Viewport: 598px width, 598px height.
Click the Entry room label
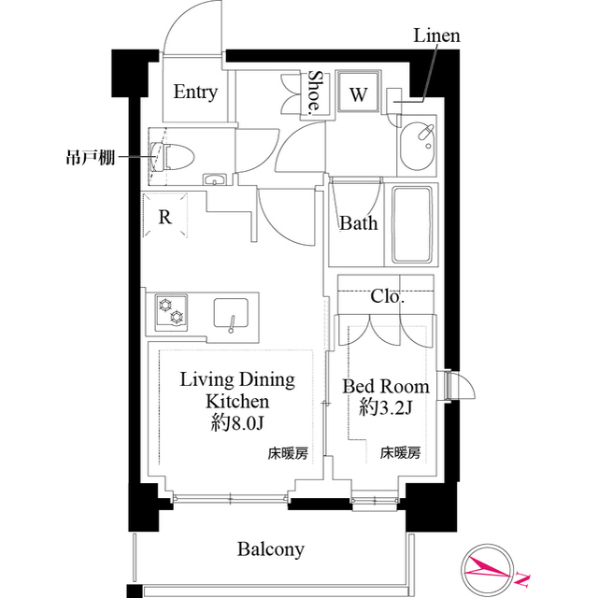click(x=195, y=92)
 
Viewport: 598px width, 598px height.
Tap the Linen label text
click(x=436, y=36)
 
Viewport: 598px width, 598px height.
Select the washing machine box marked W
click(x=358, y=93)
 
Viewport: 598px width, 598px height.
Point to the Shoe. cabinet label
click(x=316, y=93)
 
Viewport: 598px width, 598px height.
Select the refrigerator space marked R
click(x=165, y=217)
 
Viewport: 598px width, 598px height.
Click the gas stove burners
click(x=171, y=311)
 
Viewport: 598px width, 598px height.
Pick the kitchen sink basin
click(x=233, y=312)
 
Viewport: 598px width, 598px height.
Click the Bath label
click(x=358, y=223)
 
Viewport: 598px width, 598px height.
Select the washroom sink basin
click(x=417, y=145)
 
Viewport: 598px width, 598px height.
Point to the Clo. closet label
click(x=387, y=298)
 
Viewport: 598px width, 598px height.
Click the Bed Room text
click(x=386, y=386)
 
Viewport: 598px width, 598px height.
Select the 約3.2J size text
click(x=386, y=407)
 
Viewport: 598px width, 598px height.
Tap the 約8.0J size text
click(x=237, y=423)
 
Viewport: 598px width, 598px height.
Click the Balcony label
click(x=270, y=548)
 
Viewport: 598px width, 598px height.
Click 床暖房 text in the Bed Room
click(x=400, y=453)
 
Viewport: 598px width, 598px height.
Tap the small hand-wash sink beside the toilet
click(x=215, y=179)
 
